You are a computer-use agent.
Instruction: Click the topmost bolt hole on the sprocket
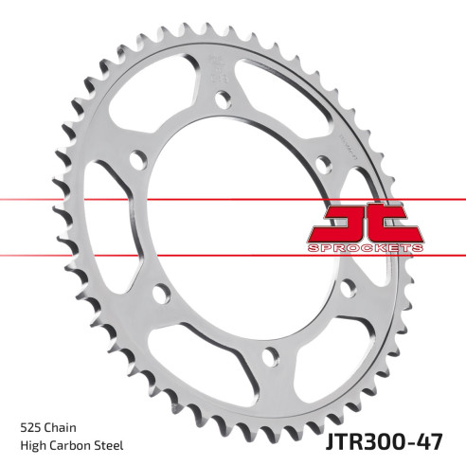point(223,97)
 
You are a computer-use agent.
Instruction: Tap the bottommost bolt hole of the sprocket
point(270,355)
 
